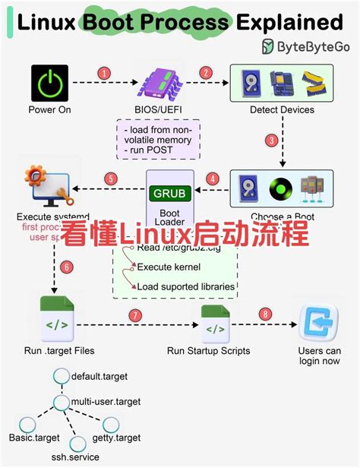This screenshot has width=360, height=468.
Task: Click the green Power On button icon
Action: [49, 84]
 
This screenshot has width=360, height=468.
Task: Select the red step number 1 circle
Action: [104, 73]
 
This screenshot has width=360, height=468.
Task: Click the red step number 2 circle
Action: [205, 73]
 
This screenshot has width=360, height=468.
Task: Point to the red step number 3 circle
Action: [291, 141]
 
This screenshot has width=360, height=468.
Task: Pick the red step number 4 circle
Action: [213, 180]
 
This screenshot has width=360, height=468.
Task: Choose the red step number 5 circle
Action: [111, 180]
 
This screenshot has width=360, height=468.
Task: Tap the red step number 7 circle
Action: [135, 314]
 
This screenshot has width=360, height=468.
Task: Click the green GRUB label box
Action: [169, 193]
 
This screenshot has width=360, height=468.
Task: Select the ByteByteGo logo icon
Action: [269, 46]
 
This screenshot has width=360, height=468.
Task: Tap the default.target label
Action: [100, 376]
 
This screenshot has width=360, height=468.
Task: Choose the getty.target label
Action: [140, 438]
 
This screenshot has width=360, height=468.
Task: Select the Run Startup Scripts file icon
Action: [216, 324]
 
